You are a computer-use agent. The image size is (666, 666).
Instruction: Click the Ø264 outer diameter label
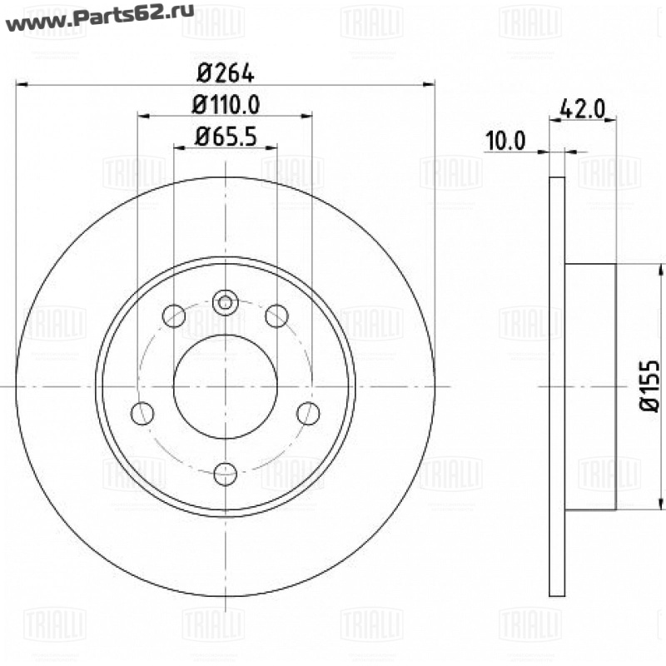pos(226,74)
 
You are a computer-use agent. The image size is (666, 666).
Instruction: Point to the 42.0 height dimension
pos(582,109)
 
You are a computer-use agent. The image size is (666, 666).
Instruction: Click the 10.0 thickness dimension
pos(505,141)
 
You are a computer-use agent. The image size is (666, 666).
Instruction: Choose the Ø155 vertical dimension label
pos(650,385)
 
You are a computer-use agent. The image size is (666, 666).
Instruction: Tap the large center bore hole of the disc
pos(226,386)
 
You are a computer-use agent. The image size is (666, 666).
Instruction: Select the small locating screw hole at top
pos(225,302)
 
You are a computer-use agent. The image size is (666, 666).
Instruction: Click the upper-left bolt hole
pos(174,316)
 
